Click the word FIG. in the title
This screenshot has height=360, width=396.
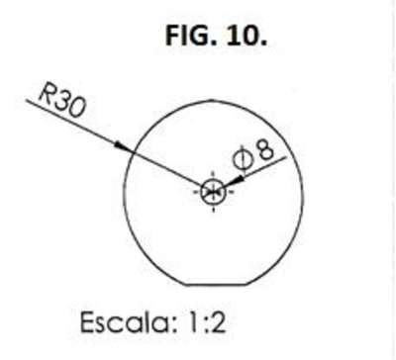click(191, 36)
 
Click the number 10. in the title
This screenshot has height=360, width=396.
click(247, 36)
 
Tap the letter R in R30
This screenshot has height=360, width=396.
click(47, 92)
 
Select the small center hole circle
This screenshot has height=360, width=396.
click(214, 191)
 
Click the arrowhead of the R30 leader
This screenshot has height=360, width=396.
click(123, 147)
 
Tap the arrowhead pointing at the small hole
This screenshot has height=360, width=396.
click(235, 182)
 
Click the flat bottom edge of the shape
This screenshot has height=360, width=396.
click(216, 285)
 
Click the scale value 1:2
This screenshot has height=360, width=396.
click(208, 322)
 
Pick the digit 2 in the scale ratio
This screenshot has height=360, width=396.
click(218, 322)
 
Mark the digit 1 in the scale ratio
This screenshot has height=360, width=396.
click(194, 322)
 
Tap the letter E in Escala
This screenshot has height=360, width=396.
click(88, 322)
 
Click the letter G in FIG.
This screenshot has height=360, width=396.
click(202, 36)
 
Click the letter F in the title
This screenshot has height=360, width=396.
click(172, 36)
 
